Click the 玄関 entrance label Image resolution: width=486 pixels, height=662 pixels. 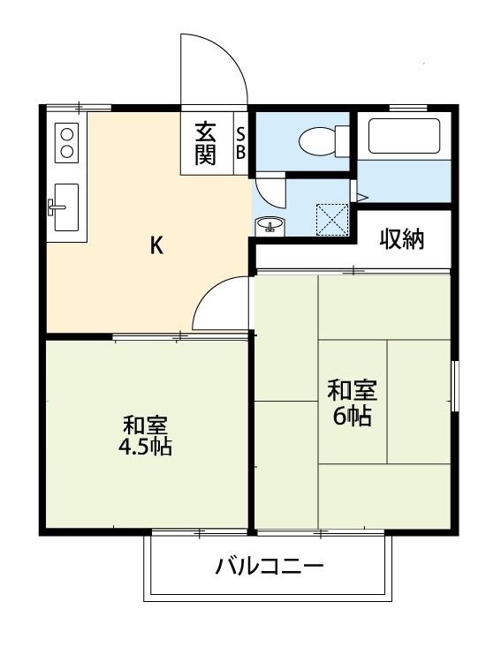point(206,143)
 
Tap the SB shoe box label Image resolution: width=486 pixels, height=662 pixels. point(240,143)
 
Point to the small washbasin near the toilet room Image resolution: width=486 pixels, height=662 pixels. point(269,225)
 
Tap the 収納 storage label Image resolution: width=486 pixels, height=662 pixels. point(402,238)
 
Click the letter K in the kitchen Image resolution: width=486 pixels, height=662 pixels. point(156,246)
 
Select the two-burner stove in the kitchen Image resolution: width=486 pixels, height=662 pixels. point(67,141)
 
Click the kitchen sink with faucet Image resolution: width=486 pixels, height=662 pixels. point(65,207)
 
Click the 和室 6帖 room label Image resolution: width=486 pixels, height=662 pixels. point(352,402)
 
